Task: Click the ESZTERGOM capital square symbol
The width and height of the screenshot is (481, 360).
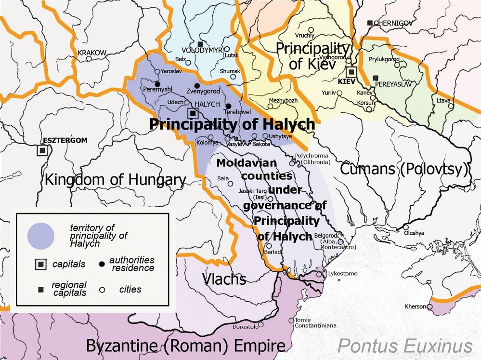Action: coord(42,150)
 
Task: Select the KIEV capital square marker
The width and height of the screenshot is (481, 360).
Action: coord(352,72)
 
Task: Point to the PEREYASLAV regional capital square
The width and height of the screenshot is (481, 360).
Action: coord(376,78)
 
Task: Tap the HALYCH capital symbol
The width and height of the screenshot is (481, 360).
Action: coord(193,113)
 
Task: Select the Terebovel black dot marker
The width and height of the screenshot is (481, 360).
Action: coord(228,106)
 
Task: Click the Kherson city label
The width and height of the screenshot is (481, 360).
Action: coord(415,307)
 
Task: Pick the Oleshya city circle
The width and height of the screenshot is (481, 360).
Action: coord(406,227)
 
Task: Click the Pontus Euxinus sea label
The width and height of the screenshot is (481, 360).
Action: coord(404,346)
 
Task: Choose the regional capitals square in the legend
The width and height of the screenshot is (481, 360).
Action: coord(40,289)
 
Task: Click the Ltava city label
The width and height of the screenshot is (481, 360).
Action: coord(443,100)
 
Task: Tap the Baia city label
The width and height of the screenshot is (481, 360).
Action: coord(223,178)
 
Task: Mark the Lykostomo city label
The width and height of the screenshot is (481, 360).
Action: coord(342,274)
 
